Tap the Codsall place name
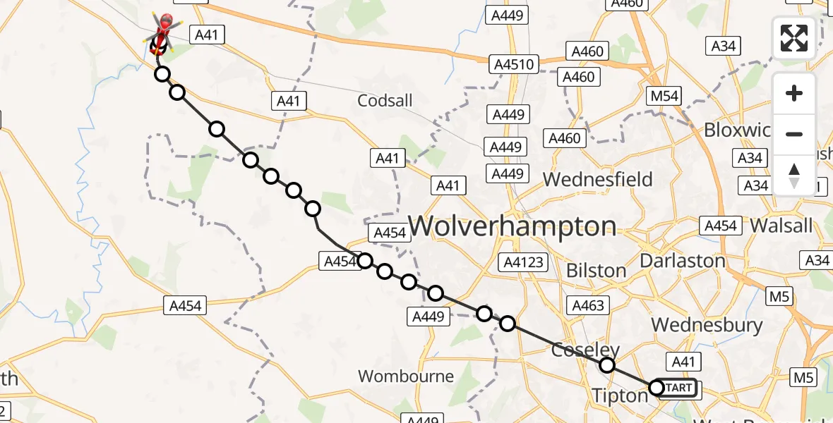(385, 101)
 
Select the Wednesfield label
(597, 180)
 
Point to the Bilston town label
(596, 271)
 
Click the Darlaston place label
(682, 261)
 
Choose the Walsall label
(781, 226)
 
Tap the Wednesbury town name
(707, 325)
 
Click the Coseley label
(585, 350)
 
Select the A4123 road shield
(522, 263)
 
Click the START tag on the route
(678, 388)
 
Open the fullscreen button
(794, 37)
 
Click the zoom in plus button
(794, 93)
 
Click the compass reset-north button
(794, 175)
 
